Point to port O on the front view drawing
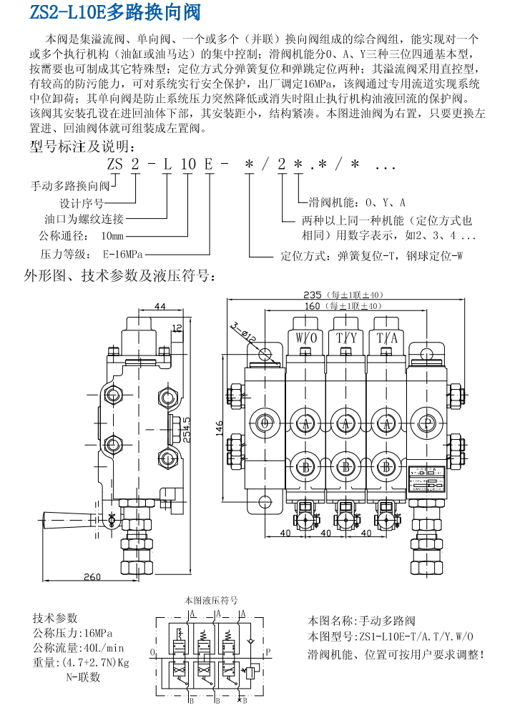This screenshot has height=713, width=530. coord(265,425)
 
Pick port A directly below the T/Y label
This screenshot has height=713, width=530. coord(347,425)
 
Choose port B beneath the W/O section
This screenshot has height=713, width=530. coord(305,466)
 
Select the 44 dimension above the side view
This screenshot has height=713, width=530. coord(160,306)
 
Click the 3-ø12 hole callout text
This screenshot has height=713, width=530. coord(243,330)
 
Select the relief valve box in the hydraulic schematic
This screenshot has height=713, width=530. coord(252,670)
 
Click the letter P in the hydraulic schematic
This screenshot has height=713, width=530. coord(268,652)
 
